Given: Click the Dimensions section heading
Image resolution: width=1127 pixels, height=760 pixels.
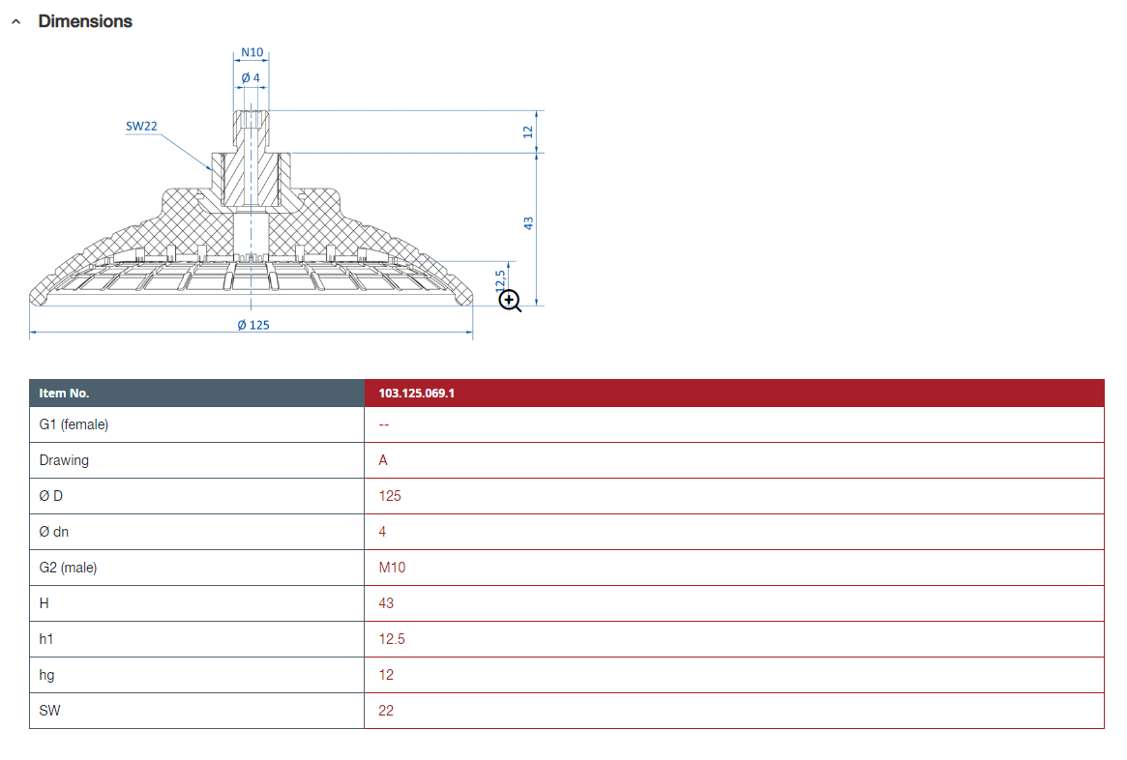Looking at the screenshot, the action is click(85, 21).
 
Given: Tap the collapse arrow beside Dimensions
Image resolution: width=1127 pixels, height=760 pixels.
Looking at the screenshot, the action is click(15, 22).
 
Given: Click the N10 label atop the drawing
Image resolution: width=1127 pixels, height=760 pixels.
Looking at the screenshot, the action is click(252, 52).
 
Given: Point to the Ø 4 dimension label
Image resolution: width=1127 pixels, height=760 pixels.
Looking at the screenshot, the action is click(251, 77).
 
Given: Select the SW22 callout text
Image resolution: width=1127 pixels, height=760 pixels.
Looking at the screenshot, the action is click(141, 127).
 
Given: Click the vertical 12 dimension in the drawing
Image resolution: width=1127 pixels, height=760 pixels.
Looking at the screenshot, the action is click(528, 132).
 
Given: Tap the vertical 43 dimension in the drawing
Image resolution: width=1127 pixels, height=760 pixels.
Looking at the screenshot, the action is click(528, 223).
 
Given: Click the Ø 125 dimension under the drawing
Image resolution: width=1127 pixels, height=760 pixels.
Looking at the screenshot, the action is click(253, 325).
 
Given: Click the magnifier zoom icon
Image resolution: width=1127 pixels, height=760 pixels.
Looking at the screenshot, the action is click(510, 301).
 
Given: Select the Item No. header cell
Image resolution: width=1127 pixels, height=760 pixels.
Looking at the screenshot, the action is click(64, 393).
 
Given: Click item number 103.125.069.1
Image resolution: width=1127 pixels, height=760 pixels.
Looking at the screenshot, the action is click(416, 393).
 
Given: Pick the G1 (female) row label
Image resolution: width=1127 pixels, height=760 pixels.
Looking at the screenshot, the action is click(74, 424).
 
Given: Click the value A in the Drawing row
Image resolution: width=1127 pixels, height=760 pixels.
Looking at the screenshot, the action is click(383, 460).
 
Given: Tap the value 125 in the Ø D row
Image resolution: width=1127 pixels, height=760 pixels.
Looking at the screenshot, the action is click(390, 496).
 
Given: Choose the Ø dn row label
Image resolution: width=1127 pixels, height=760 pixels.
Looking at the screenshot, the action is click(54, 532).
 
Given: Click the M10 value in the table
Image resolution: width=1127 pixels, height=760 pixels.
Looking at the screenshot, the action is click(392, 568).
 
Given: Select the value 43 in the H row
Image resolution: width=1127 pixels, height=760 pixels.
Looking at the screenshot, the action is click(386, 603).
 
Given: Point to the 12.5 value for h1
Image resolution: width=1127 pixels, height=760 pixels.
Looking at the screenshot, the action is click(392, 639).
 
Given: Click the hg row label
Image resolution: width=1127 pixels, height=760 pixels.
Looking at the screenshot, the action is click(46, 675).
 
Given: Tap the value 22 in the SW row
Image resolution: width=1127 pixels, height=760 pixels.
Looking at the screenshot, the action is click(386, 711).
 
